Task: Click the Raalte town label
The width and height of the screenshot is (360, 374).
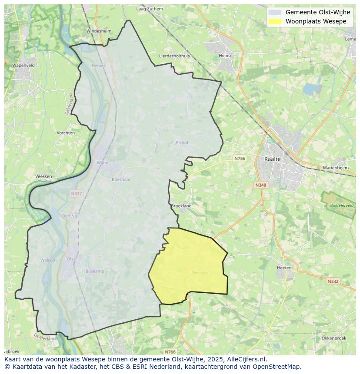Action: (273, 159)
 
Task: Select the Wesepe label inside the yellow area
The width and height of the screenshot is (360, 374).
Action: (200, 273)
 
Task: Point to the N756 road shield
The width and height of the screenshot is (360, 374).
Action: (240, 159)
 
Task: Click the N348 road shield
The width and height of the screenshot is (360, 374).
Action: (260, 185)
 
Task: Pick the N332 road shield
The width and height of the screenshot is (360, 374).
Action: (333, 281)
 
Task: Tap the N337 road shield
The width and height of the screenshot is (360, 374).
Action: (76, 194)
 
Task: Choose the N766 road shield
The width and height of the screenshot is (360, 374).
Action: (170, 351)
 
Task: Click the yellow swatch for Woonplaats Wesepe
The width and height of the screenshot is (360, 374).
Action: (275, 21)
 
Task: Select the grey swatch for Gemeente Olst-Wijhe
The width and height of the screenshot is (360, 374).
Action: (275, 12)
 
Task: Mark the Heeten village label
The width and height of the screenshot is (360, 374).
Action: (284, 268)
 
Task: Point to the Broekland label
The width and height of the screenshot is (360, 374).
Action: (181, 206)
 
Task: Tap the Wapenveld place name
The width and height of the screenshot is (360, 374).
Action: (23, 65)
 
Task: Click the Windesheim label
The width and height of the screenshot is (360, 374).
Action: (99, 31)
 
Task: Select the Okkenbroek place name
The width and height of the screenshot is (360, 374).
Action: (333, 338)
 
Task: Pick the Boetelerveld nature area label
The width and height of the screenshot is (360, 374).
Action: (341, 205)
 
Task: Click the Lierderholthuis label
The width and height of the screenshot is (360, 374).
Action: (174, 56)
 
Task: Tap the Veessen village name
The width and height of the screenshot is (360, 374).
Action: (43, 176)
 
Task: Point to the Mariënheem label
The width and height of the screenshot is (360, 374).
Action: (336, 168)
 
